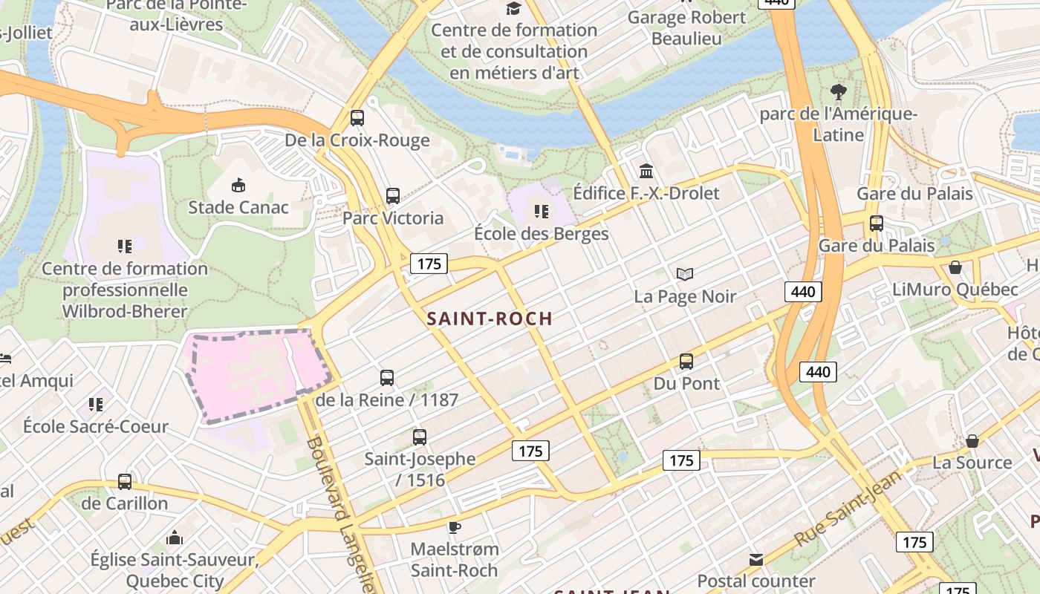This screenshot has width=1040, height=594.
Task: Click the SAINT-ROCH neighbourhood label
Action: tap(490, 319)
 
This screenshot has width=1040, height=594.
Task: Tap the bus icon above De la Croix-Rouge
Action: tap(357, 117)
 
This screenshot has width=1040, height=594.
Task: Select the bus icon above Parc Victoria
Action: tap(393, 196)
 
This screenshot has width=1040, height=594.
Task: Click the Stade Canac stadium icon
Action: tap(238, 185)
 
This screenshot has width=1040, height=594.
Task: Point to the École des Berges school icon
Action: tap(542, 212)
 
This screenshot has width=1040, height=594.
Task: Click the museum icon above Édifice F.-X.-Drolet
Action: tap(646, 172)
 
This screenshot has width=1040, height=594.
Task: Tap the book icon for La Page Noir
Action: tap(685, 274)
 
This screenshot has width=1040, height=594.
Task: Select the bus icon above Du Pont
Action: tap(686, 362)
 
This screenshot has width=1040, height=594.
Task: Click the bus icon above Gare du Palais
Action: tap(877, 223)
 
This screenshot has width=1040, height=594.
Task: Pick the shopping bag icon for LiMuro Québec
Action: tap(955, 267)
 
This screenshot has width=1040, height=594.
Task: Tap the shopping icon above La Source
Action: tap(972, 441)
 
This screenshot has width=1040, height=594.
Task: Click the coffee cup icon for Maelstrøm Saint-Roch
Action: tap(455, 527)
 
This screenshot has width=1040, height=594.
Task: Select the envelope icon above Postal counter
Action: tap(756, 559)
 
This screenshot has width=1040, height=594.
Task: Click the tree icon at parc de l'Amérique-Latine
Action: tap(839, 92)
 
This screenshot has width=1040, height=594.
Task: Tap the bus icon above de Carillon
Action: tap(125, 481)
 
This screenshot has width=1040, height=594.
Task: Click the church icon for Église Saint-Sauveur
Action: tap(175, 537)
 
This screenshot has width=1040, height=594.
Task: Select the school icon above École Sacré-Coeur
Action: tap(95, 405)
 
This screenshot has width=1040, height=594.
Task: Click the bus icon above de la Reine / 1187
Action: tap(387, 377)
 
